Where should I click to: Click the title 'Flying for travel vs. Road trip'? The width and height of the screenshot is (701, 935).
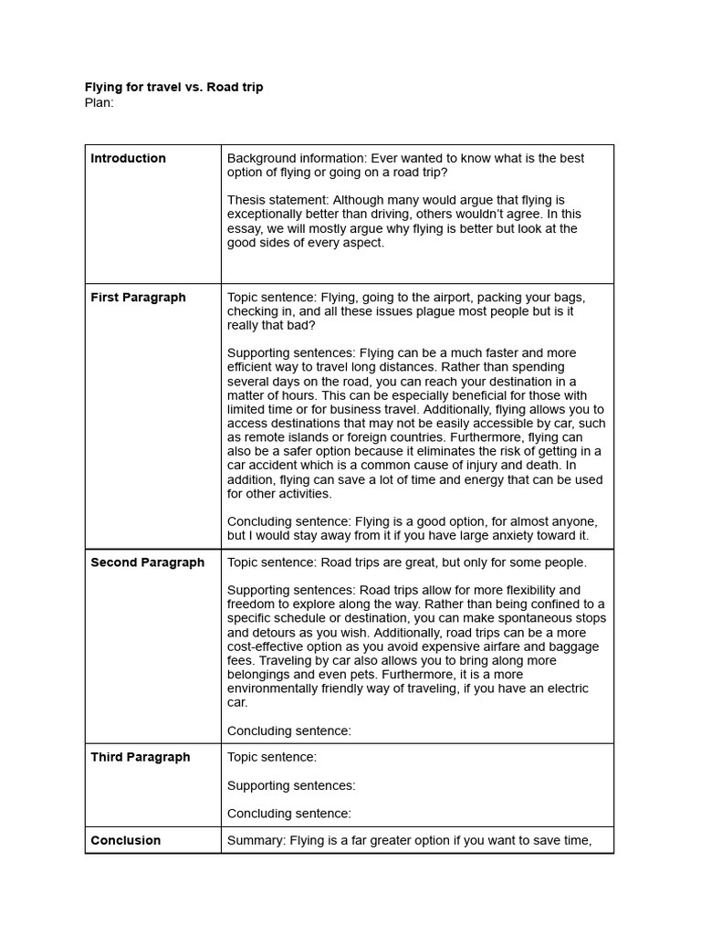pyautogui.click(x=173, y=88)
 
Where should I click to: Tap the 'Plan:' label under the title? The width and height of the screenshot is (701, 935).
pyautogui.click(x=99, y=102)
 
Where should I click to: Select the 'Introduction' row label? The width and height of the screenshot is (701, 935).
pyautogui.click(x=128, y=158)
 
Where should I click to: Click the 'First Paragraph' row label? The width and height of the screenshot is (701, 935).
pyautogui.click(x=138, y=297)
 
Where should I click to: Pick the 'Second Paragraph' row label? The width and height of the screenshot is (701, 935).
pyautogui.click(x=147, y=562)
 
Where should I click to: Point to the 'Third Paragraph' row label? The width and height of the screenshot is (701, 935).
pyautogui.click(x=140, y=757)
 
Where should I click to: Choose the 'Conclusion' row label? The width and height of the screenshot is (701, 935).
pyautogui.click(x=125, y=840)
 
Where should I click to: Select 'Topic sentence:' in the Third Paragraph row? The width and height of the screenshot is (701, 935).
pyautogui.click(x=272, y=757)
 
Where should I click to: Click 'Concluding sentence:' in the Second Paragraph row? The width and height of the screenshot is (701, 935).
pyautogui.click(x=288, y=730)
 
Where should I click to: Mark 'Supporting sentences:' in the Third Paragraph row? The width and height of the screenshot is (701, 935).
pyautogui.click(x=291, y=785)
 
